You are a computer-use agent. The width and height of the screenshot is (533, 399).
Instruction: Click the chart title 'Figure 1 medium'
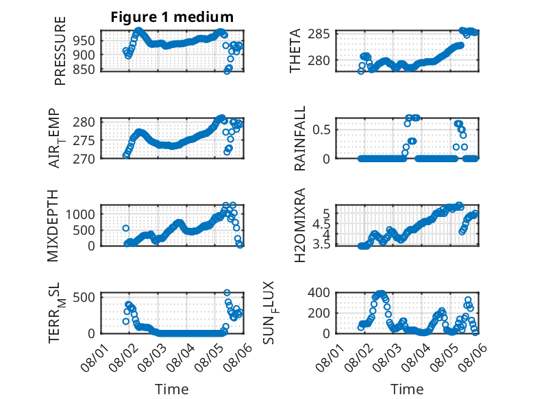tap(172, 17)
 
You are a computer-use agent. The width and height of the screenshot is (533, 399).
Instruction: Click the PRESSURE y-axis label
tap(60, 51)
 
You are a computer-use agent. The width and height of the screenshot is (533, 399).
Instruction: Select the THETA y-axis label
tap(295, 51)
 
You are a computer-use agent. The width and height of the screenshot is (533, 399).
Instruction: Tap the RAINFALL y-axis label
tap(300, 138)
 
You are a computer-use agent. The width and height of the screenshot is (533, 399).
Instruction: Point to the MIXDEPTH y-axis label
tap(53, 226)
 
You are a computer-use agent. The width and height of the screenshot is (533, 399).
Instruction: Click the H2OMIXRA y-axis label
tap(299, 225)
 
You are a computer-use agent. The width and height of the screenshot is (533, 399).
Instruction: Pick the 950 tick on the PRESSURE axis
tap(84, 41)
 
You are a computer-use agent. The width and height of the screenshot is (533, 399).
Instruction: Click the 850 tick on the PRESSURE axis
tap(84, 69)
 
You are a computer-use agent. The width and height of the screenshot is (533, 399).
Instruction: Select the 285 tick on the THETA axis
tap(319, 34)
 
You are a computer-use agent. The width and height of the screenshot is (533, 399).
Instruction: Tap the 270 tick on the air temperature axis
tap(84, 159)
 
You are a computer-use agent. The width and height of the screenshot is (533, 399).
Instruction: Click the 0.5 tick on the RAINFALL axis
tap(321, 129)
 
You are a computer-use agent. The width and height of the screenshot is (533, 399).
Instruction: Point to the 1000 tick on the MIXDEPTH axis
tap(81, 214)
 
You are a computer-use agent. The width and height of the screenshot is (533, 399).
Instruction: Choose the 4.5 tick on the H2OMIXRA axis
tap(321, 224)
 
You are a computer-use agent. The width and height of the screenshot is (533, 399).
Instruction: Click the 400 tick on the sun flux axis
tap(319, 292)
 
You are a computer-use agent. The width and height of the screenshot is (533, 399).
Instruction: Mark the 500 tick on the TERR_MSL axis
tap(84, 298)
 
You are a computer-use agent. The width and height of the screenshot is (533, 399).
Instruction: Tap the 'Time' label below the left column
tap(172, 389)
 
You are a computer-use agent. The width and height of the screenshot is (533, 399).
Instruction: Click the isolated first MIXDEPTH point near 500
tap(126, 228)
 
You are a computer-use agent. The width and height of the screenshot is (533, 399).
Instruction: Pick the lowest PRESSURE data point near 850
tap(227, 71)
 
